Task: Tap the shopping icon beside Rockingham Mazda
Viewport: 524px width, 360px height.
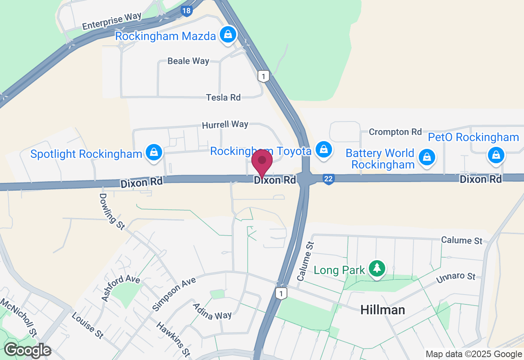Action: pyautogui.click(x=228, y=35)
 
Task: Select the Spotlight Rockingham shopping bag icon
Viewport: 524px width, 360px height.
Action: pyautogui.click(x=154, y=153)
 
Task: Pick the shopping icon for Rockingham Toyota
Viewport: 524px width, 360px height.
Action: pyautogui.click(x=324, y=149)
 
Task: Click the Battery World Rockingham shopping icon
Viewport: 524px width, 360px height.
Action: pyautogui.click(x=427, y=157)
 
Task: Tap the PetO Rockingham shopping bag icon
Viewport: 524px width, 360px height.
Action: pyautogui.click(x=496, y=155)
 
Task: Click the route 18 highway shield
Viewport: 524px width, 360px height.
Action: pyautogui.click(x=186, y=11)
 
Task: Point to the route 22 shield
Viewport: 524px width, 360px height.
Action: pyautogui.click(x=328, y=179)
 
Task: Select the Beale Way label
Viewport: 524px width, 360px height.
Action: pyautogui.click(x=188, y=61)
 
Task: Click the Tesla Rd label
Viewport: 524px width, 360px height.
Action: pyautogui.click(x=223, y=97)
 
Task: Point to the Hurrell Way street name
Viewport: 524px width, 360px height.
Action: pyautogui.click(x=225, y=124)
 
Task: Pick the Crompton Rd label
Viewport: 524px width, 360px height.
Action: pyautogui.click(x=395, y=132)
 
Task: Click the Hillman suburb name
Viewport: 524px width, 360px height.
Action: pyautogui.click(x=382, y=310)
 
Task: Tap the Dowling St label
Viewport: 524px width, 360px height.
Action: pyautogui.click(x=111, y=211)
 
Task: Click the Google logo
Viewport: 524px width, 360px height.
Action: pyautogui.click(x=27, y=350)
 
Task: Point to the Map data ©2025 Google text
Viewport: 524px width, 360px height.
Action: pyautogui.click(x=474, y=354)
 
